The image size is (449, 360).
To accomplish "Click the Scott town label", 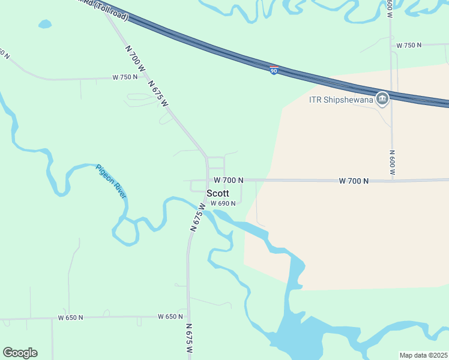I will click(218, 193).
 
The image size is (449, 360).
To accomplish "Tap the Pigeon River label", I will click(112, 181).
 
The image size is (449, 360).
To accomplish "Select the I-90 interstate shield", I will click(274, 70).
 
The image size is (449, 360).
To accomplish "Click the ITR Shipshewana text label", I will click(340, 99).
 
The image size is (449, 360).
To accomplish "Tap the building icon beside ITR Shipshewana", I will click(381, 98).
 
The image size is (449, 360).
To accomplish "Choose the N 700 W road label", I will click(135, 59).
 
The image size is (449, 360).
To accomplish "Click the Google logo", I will click(20, 353).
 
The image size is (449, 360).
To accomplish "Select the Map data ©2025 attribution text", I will click(423, 355).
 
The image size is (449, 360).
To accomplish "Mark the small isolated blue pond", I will click(45, 25).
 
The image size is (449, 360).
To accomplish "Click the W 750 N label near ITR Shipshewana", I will click(409, 45).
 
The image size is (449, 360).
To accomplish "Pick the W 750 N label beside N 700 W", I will click(125, 77).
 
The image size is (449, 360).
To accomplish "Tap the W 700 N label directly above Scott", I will click(228, 180).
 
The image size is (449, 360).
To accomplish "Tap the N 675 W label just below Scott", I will click(197, 217).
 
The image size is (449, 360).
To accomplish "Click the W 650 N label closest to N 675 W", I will click(170, 316).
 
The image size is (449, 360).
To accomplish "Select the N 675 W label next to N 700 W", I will click(158, 94).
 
